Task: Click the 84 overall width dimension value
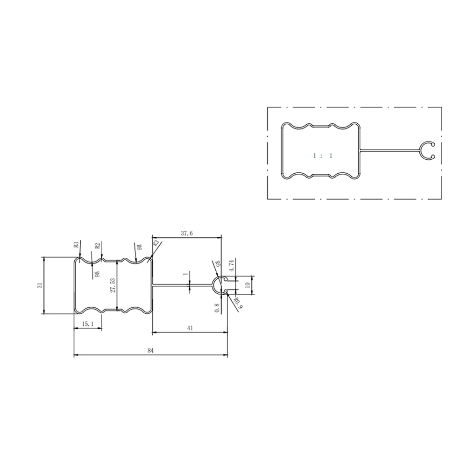pyautogui.click(x=150, y=351)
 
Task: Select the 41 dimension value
pyautogui.click(x=190, y=328)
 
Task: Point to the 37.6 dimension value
pyautogui.click(x=187, y=233)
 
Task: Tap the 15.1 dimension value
pyautogui.click(x=88, y=324)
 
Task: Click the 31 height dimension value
pyautogui.click(x=40, y=285)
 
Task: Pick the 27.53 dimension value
pyautogui.click(x=113, y=285)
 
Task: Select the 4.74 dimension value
pyautogui.click(x=232, y=265)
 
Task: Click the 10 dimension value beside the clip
pyautogui.click(x=248, y=285)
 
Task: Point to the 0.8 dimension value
pyautogui.click(x=217, y=308)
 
